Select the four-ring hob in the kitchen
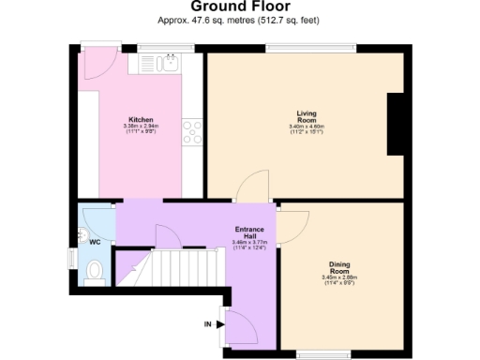(x=193, y=132)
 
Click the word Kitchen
(x=142, y=120)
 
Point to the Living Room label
(x=307, y=116)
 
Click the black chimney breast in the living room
(x=397, y=123)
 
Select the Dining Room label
(x=339, y=267)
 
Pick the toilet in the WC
(x=93, y=271)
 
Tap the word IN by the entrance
(x=208, y=324)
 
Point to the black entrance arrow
(x=221, y=324)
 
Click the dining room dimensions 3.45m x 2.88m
(x=339, y=277)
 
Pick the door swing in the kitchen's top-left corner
(x=97, y=64)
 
